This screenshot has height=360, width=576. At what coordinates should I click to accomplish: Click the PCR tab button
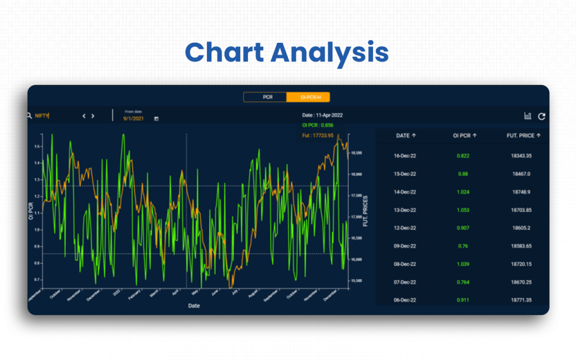(267, 97)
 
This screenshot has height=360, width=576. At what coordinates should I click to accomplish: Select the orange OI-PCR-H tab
(308, 97)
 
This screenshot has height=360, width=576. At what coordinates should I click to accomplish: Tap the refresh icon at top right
(542, 116)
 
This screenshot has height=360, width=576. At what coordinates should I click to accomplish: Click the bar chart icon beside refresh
(528, 116)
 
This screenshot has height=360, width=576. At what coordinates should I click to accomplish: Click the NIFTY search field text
(42, 116)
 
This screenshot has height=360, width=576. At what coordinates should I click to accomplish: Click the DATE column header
(405, 136)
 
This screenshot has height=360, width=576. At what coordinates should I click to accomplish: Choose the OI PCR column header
(464, 136)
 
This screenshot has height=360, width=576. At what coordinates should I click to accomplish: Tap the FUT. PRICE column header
(523, 136)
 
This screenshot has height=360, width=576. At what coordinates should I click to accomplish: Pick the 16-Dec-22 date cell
(405, 156)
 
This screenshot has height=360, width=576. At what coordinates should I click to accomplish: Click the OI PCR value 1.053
(463, 210)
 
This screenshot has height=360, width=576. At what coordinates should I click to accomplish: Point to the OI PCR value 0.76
(463, 246)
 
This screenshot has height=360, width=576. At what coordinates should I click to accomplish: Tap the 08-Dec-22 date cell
(405, 264)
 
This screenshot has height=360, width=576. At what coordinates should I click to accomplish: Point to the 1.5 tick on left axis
(37, 146)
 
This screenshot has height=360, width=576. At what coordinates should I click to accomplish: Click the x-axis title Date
(193, 306)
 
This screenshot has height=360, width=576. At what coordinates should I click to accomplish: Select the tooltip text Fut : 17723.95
(318, 136)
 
